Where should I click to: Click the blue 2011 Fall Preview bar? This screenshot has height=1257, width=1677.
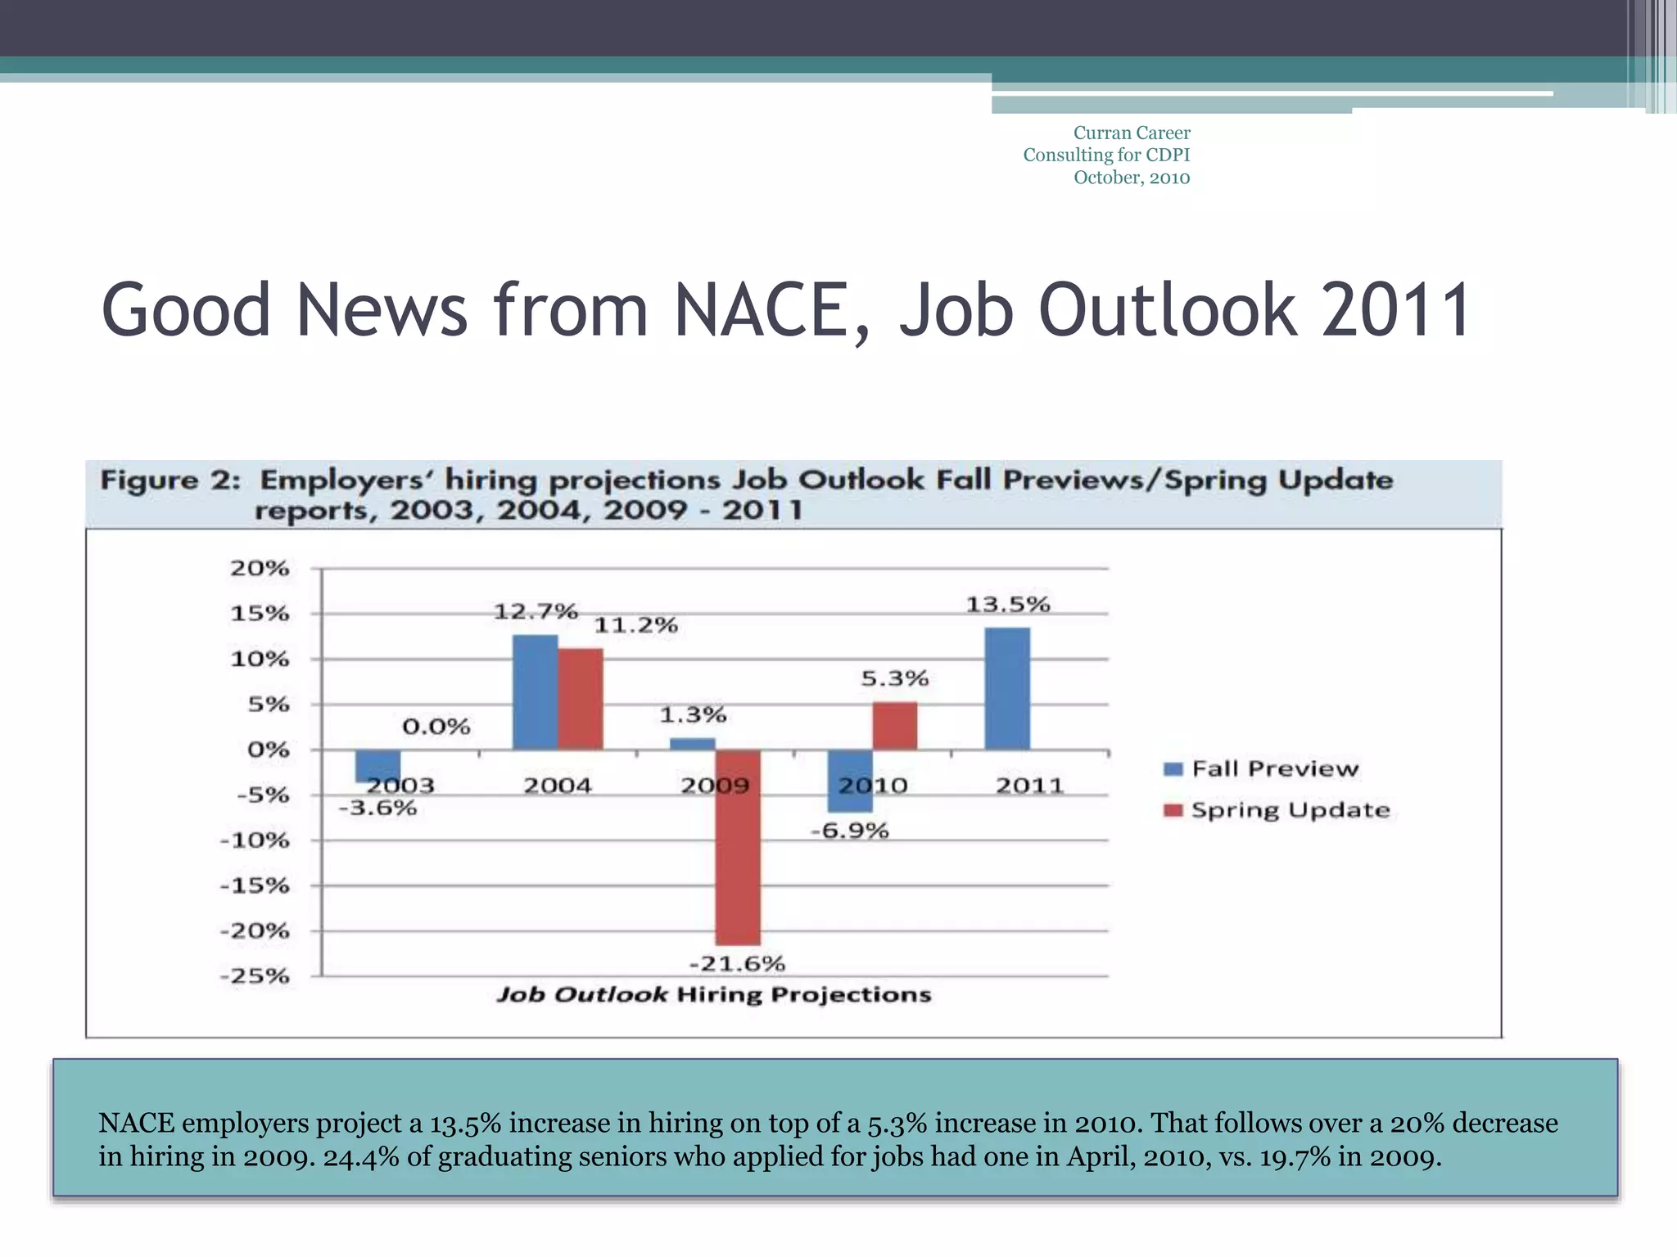[x=1006, y=688]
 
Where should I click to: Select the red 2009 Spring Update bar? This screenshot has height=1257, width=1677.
[x=737, y=847]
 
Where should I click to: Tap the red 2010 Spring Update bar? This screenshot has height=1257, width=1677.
[x=894, y=726]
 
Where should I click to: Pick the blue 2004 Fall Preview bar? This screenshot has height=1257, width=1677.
[x=535, y=692]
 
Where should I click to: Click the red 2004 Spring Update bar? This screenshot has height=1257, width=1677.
[x=581, y=699]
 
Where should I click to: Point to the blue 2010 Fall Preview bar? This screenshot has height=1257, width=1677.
[x=849, y=782]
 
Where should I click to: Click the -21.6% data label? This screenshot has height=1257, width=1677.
[x=737, y=964]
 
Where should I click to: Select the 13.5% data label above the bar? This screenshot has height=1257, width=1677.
[x=1007, y=605]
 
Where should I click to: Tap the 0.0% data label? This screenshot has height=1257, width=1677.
[x=436, y=727]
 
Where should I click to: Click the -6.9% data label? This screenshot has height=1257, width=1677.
[x=849, y=831]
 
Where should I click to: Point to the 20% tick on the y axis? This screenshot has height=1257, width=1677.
[x=260, y=568]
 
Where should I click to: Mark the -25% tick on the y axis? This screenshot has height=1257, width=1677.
[x=255, y=975]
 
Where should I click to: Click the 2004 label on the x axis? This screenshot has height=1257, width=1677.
[x=557, y=786]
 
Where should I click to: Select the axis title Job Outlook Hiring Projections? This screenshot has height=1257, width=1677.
[x=713, y=994]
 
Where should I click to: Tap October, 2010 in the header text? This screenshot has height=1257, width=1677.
[x=1131, y=178]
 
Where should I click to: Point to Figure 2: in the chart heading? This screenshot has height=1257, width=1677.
[x=170, y=480]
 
